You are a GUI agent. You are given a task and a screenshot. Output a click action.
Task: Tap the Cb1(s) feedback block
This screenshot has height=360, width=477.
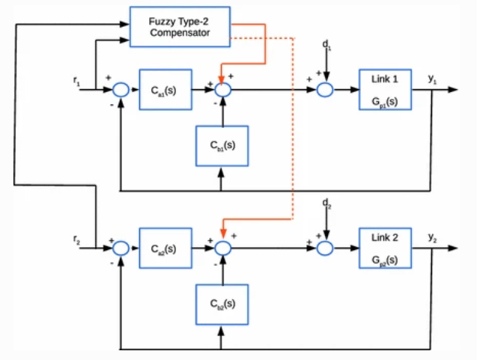pos(221,145)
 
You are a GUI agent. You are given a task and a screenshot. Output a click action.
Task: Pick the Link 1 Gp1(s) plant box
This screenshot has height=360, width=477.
pos(385,89)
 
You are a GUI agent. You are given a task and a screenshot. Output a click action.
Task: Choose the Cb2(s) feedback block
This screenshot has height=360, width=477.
pos(221,304)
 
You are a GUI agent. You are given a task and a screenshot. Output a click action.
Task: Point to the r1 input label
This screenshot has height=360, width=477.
pos(78,79)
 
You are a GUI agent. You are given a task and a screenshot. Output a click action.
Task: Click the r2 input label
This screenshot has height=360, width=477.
pos(78,238)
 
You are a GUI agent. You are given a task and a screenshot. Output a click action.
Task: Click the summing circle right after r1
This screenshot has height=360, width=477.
pos(121,90)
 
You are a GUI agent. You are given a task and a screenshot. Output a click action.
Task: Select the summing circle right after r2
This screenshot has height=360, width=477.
pos(121,248)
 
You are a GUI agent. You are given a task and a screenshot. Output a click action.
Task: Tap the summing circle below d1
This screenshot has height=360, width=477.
pos(325,90)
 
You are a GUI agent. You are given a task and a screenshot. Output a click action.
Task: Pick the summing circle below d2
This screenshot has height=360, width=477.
pos(325,248)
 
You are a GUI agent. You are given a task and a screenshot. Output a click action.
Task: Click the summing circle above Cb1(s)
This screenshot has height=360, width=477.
pos(222,90)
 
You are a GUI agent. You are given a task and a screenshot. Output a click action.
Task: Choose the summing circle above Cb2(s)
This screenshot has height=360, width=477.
pos(222,248)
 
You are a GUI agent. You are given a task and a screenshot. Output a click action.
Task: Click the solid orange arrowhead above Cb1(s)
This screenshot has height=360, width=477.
pos(222,76)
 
